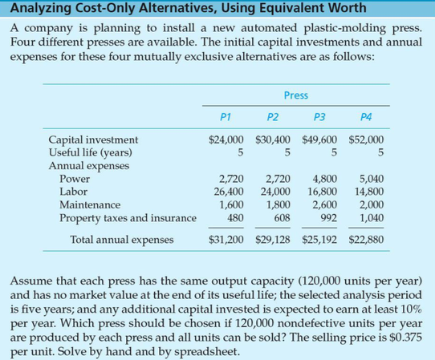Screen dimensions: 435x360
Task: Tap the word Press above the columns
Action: [295, 95]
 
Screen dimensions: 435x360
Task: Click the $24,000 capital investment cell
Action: [226, 140]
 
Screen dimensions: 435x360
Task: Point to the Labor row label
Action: [74, 192]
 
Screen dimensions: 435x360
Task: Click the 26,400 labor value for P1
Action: [227, 192]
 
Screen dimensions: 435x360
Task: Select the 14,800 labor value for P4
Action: [368, 192]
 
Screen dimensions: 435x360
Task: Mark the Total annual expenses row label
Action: [117, 239]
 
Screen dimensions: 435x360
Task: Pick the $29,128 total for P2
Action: [274, 239]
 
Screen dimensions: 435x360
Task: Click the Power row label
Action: [75, 179]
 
